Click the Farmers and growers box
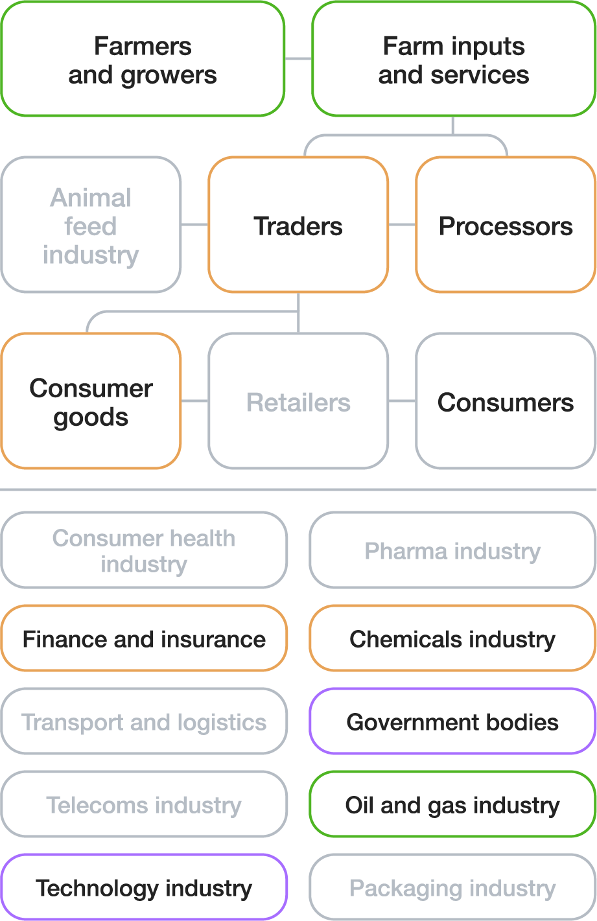143,60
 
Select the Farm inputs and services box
454,60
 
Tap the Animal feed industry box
91,225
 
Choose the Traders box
298,225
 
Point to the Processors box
506,225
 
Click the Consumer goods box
91,401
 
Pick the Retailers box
298,401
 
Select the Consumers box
506,401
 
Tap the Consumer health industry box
144,550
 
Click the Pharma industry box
452,550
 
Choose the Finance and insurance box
144,638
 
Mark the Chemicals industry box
452,638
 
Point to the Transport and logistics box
144,721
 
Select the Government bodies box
452,721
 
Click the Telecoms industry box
144,804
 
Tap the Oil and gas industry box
452,804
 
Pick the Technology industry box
144,887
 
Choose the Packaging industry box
452,887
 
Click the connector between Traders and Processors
402,225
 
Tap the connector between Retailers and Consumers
402,401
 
